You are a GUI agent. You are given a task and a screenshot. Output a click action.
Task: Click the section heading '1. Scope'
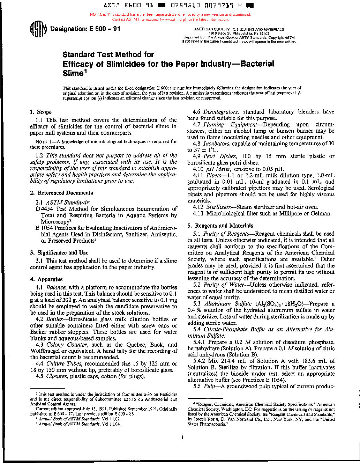pyautogui.click(x=41, y=112)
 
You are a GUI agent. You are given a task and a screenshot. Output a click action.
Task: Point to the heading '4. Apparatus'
pyautogui.click(x=46, y=279)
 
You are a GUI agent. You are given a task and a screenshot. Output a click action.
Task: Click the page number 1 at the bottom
pyautogui.click(x=182, y=438)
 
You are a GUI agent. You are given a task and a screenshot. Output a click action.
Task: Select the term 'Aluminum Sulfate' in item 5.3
pyautogui.click(x=228, y=304)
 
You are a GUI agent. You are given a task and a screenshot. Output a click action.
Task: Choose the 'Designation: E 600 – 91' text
pyautogui.click(x=85, y=29)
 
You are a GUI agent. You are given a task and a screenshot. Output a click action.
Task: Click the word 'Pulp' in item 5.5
pyautogui.click(x=209, y=387)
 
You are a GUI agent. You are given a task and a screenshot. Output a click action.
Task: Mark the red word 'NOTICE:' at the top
pyautogui.click(x=98, y=15)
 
